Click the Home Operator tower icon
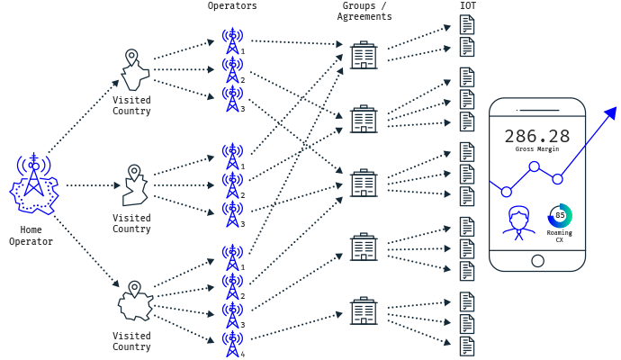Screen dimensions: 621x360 [x=34, y=184]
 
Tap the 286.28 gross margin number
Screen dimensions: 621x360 [x=537, y=136]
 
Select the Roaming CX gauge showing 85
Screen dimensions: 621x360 [x=560, y=215]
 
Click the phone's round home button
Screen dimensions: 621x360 [x=537, y=261]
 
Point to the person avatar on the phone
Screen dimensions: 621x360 [x=518, y=222]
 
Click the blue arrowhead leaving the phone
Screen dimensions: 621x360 [x=611, y=112]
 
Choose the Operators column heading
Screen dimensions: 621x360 [x=232, y=6]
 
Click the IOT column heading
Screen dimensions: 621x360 [x=468, y=5]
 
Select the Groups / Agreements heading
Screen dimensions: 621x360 [x=364, y=11]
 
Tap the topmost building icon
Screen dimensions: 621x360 [x=364, y=55]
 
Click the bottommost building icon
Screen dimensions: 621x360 [x=364, y=310]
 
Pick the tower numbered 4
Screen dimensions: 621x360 [x=232, y=344]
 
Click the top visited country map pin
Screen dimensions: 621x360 [x=131, y=58]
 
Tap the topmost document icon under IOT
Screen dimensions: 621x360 [x=467, y=24]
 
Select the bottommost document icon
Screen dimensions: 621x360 [x=467, y=346]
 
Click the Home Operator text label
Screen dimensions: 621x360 [x=31, y=236]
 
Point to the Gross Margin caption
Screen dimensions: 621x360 [x=537, y=148]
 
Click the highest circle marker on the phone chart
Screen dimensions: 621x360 [x=535, y=166]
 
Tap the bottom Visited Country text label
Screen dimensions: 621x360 [x=131, y=341]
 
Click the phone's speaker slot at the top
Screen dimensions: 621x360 [x=537, y=110]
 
